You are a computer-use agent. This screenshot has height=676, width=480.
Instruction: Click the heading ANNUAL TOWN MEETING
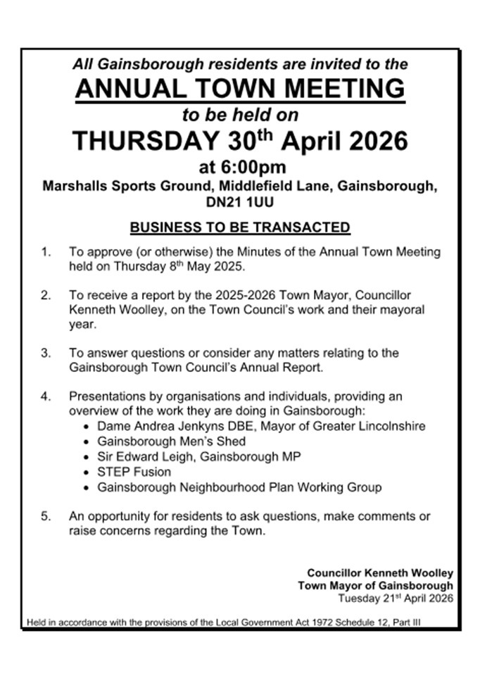pyautogui.click(x=240, y=89)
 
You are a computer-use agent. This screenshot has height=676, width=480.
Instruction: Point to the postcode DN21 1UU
pyautogui.click(x=240, y=203)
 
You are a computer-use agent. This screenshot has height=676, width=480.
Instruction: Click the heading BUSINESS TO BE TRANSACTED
pyautogui.click(x=240, y=227)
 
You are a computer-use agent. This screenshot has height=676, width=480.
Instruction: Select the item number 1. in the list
pyautogui.click(x=46, y=251)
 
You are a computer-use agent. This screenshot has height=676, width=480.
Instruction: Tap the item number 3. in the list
pyautogui.click(x=46, y=352)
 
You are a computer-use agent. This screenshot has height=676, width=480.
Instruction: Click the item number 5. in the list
pyautogui.click(x=46, y=516)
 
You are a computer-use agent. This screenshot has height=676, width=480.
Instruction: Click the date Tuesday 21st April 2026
pyautogui.click(x=396, y=599)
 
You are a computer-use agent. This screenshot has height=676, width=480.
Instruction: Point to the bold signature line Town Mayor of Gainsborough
pyautogui.click(x=375, y=586)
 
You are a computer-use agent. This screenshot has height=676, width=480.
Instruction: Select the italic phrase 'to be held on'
pyautogui.click(x=240, y=115)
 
